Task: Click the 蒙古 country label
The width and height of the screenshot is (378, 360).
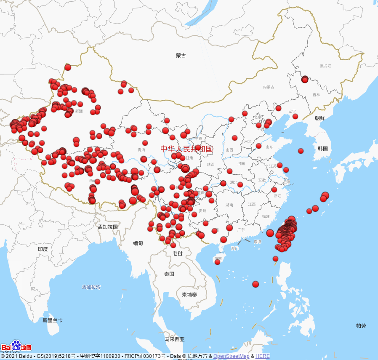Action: [181, 56]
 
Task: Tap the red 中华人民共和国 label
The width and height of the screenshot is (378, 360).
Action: [186, 149]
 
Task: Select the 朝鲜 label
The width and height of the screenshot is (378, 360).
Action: [320, 118]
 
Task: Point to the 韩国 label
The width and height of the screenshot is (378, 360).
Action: [323, 149]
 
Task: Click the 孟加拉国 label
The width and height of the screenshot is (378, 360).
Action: [107, 227]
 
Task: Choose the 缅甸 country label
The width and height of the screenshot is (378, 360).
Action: [138, 243]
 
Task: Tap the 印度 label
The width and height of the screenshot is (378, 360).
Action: [43, 249]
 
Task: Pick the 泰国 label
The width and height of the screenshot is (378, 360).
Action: [169, 274]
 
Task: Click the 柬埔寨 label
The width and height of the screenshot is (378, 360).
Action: [189, 294]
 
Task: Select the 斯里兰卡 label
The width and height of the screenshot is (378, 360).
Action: [53, 320]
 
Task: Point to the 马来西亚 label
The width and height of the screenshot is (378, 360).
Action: [175, 339]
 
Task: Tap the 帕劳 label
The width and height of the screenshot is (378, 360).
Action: [361, 326]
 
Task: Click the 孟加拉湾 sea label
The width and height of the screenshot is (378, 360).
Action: [91, 287]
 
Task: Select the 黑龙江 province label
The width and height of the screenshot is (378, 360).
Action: [325, 66]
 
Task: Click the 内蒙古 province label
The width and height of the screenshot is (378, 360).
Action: [269, 87]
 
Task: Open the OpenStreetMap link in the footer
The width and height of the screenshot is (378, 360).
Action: [231, 356]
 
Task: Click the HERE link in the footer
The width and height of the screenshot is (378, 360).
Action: [263, 356]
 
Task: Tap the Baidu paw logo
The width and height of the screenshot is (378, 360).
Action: [16, 346]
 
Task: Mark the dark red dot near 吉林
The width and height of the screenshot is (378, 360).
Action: [305, 79]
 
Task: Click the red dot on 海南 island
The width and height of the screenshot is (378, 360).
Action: [218, 262]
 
